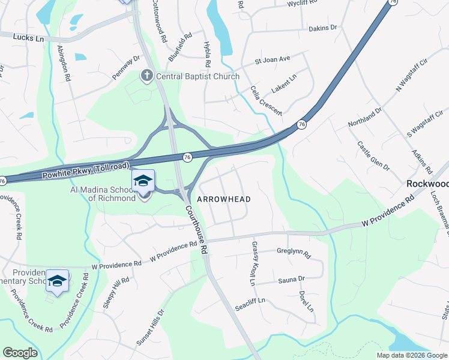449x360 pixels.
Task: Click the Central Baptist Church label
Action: tap(197, 76)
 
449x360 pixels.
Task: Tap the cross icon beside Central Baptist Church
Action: tap(146, 76)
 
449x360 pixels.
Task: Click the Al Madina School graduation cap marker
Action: tap(143, 181)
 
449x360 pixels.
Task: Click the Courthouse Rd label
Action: tap(196, 229)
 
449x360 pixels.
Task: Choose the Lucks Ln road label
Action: tap(28, 38)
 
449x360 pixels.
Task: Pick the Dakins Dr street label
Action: tap(323, 28)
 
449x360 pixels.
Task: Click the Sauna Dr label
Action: tap(291, 279)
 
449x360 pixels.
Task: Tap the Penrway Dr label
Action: tap(126, 67)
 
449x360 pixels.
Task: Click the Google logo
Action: tap(20, 353)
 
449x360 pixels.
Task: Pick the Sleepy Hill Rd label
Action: tap(116, 293)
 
